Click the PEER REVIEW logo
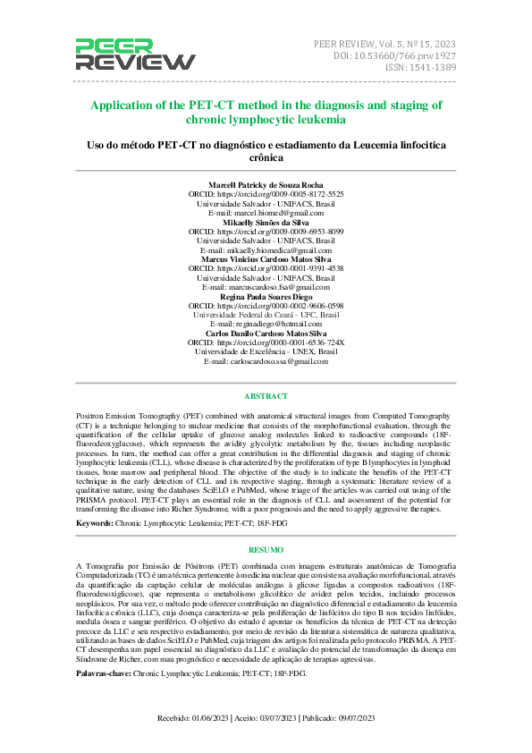pos(134,55)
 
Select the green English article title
pos(266,112)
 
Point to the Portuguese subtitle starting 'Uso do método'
pos(266,150)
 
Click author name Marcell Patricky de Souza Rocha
pos(266,184)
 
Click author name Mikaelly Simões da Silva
pos(266,223)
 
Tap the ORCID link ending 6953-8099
pos(266,232)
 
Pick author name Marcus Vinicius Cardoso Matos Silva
pos(266,259)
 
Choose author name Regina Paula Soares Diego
pos(266,296)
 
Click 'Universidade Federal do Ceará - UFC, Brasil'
pos(266,315)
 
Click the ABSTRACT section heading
pos(266,396)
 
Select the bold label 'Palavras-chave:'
pos(105,672)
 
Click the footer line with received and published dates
pos(266,717)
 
